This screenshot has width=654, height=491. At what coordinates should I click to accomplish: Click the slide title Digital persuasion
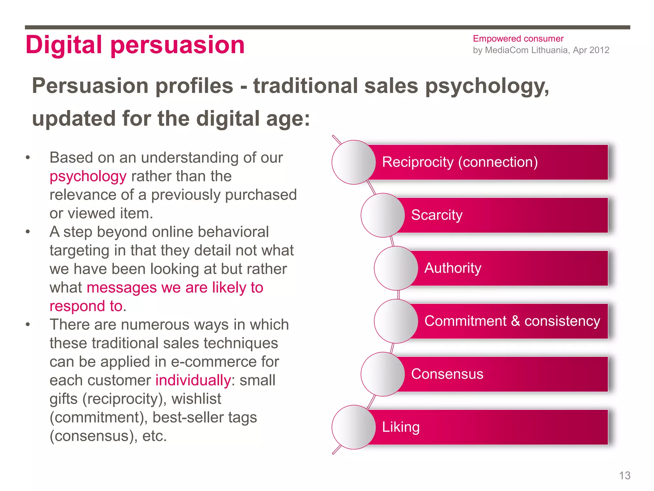coord(135,45)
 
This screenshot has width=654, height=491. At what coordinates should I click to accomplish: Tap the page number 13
coord(625,476)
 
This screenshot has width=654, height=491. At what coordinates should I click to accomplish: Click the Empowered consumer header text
coord(518,39)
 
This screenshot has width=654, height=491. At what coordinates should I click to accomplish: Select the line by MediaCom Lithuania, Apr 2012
coord(541,50)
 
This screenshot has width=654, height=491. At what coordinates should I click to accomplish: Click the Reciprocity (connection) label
coord(460,162)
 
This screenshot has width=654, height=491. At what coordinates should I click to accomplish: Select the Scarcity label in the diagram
coord(437,215)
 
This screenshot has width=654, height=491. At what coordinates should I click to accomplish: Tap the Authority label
coord(452,268)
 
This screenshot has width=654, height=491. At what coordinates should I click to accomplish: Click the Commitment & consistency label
coord(512,321)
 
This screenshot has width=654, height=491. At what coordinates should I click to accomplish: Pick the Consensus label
coord(447,374)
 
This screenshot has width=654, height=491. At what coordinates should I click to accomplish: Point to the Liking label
coord(401,427)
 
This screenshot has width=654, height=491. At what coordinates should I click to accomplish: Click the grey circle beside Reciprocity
coord(354,162)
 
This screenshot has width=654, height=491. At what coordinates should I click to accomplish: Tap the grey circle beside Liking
coord(354,427)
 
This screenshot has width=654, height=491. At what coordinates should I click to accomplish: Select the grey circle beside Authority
coord(396,268)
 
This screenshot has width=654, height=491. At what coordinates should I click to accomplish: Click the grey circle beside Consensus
coord(383,374)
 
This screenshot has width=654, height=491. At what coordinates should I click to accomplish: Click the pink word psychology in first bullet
coord(88,176)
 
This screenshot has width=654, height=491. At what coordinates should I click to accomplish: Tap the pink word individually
coord(193,380)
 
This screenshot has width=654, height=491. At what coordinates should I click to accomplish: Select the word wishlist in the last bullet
coord(196,399)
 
